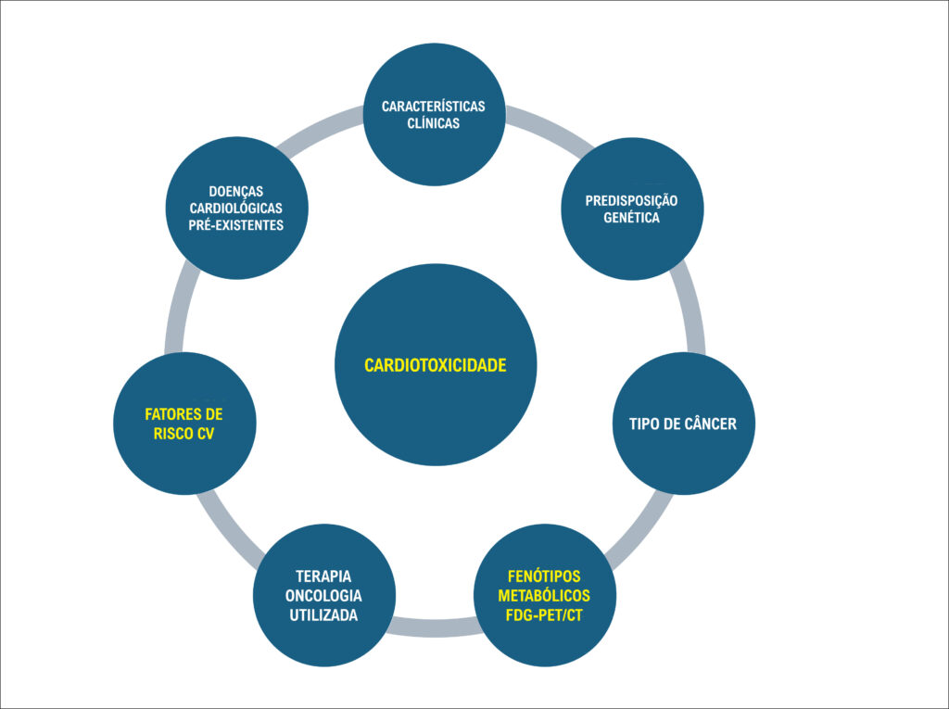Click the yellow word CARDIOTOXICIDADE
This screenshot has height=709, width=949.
pos(436,366)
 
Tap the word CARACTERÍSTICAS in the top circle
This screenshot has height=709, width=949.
pos(434,107)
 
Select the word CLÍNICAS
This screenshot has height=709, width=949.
pos(434,123)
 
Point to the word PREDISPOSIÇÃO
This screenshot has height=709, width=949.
pos(631,201)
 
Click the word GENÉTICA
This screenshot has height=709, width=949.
pos(631,218)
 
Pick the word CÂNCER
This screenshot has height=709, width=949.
pos(711,424)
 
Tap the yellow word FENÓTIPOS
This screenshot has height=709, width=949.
pos(544,576)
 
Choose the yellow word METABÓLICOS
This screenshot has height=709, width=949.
pos(544,596)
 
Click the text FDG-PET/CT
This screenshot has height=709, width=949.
pos(544,615)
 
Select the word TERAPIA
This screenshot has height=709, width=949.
pos(323,576)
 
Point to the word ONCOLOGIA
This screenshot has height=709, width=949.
pos(323,596)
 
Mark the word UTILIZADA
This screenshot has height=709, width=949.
pos(323,615)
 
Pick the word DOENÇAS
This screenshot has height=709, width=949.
pos(236,192)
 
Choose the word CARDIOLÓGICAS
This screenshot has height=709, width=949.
pos(236,209)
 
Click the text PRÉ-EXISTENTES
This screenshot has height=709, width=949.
pos(236,226)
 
